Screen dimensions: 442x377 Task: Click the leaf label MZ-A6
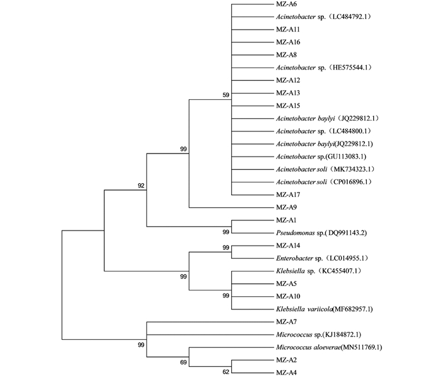[286, 4]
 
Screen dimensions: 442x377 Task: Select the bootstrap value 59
[226, 95]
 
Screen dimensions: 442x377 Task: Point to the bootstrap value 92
[141, 186]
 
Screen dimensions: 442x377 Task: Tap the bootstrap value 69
[184, 362]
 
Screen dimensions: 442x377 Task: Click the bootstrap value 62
[226, 372]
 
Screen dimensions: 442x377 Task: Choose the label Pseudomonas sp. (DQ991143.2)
[321, 233]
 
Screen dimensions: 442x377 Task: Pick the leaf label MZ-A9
[286, 207]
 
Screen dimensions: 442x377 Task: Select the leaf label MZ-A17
[288, 194]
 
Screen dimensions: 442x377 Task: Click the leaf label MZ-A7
[286, 321]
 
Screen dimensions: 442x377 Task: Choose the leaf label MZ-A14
[288, 246]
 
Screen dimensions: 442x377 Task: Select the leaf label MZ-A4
[286, 373]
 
